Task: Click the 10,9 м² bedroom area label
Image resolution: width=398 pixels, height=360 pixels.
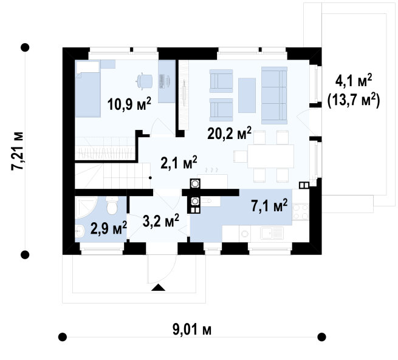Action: click(129, 104)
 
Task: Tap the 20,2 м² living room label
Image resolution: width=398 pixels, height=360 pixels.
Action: click(229, 133)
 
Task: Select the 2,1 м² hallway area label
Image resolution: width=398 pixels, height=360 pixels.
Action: click(179, 162)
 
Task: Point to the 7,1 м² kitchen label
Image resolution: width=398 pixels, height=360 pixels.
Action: click(270, 205)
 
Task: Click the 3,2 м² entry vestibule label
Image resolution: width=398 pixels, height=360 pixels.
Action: click(161, 220)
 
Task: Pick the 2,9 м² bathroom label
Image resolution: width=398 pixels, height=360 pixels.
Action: click(109, 228)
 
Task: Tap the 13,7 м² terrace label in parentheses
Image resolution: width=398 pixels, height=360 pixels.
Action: click(354, 101)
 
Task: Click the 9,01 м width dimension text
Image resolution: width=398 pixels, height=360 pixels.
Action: click(192, 330)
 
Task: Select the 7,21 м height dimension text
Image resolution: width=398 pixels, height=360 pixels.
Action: click(17, 151)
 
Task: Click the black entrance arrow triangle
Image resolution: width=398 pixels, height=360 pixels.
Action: click(158, 287)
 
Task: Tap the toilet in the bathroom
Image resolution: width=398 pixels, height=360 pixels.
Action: click(112, 205)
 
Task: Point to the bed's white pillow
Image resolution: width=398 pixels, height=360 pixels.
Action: click(88, 67)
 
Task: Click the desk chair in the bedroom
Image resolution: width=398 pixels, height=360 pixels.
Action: click(145, 81)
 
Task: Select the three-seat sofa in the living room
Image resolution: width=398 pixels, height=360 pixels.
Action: click(274, 95)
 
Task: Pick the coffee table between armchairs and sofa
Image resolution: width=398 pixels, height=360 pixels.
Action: click(247, 95)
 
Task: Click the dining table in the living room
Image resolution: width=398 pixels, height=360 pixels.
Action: click(270, 156)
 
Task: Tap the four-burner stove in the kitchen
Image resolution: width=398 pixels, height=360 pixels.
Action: click(301, 212)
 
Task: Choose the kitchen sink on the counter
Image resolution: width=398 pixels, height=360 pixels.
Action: click(272, 233)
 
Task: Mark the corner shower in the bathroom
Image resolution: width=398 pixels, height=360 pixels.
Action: click(86, 207)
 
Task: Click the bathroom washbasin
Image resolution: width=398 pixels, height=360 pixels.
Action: click(80, 232)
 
